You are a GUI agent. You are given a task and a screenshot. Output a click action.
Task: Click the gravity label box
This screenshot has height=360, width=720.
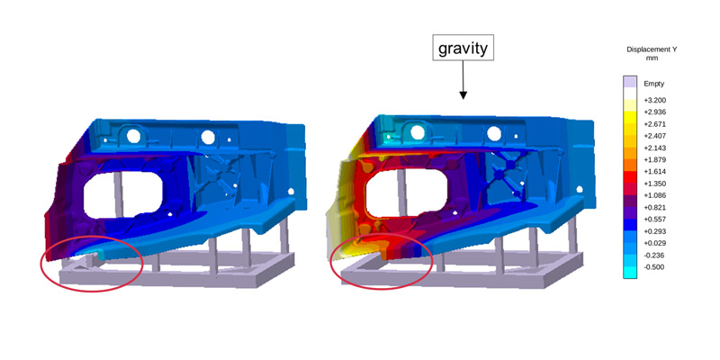coord(463,48)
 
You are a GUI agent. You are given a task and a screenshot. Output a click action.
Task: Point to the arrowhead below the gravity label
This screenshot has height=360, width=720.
coord(463,95)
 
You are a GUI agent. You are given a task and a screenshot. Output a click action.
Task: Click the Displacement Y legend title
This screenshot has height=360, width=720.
coord(651,54)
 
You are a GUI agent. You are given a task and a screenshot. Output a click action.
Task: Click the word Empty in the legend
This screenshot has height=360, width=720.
coord(654,84)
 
